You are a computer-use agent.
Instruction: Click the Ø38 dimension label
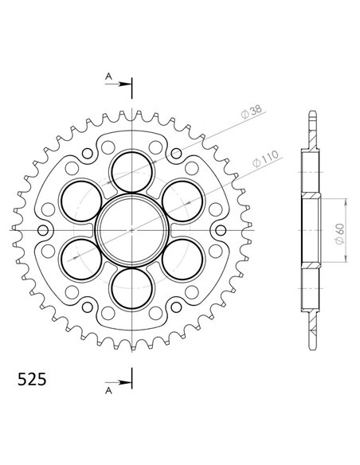[x=252, y=111]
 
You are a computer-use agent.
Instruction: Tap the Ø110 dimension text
[x=266, y=158]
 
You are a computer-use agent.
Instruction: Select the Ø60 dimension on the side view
[x=340, y=233]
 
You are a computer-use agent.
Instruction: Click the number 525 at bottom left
[x=32, y=379]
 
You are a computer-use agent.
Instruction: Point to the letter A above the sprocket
[x=109, y=76]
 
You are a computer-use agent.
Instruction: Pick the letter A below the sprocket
[x=109, y=391]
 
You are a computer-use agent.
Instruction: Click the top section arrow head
[x=125, y=84]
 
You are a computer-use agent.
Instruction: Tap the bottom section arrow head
[x=125, y=382]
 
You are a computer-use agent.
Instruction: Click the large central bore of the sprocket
[x=132, y=230]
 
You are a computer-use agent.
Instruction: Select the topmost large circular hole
[x=132, y=171]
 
